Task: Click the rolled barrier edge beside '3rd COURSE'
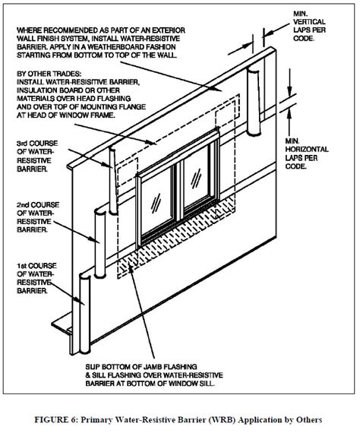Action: pyautogui.click(x=112, y=179)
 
